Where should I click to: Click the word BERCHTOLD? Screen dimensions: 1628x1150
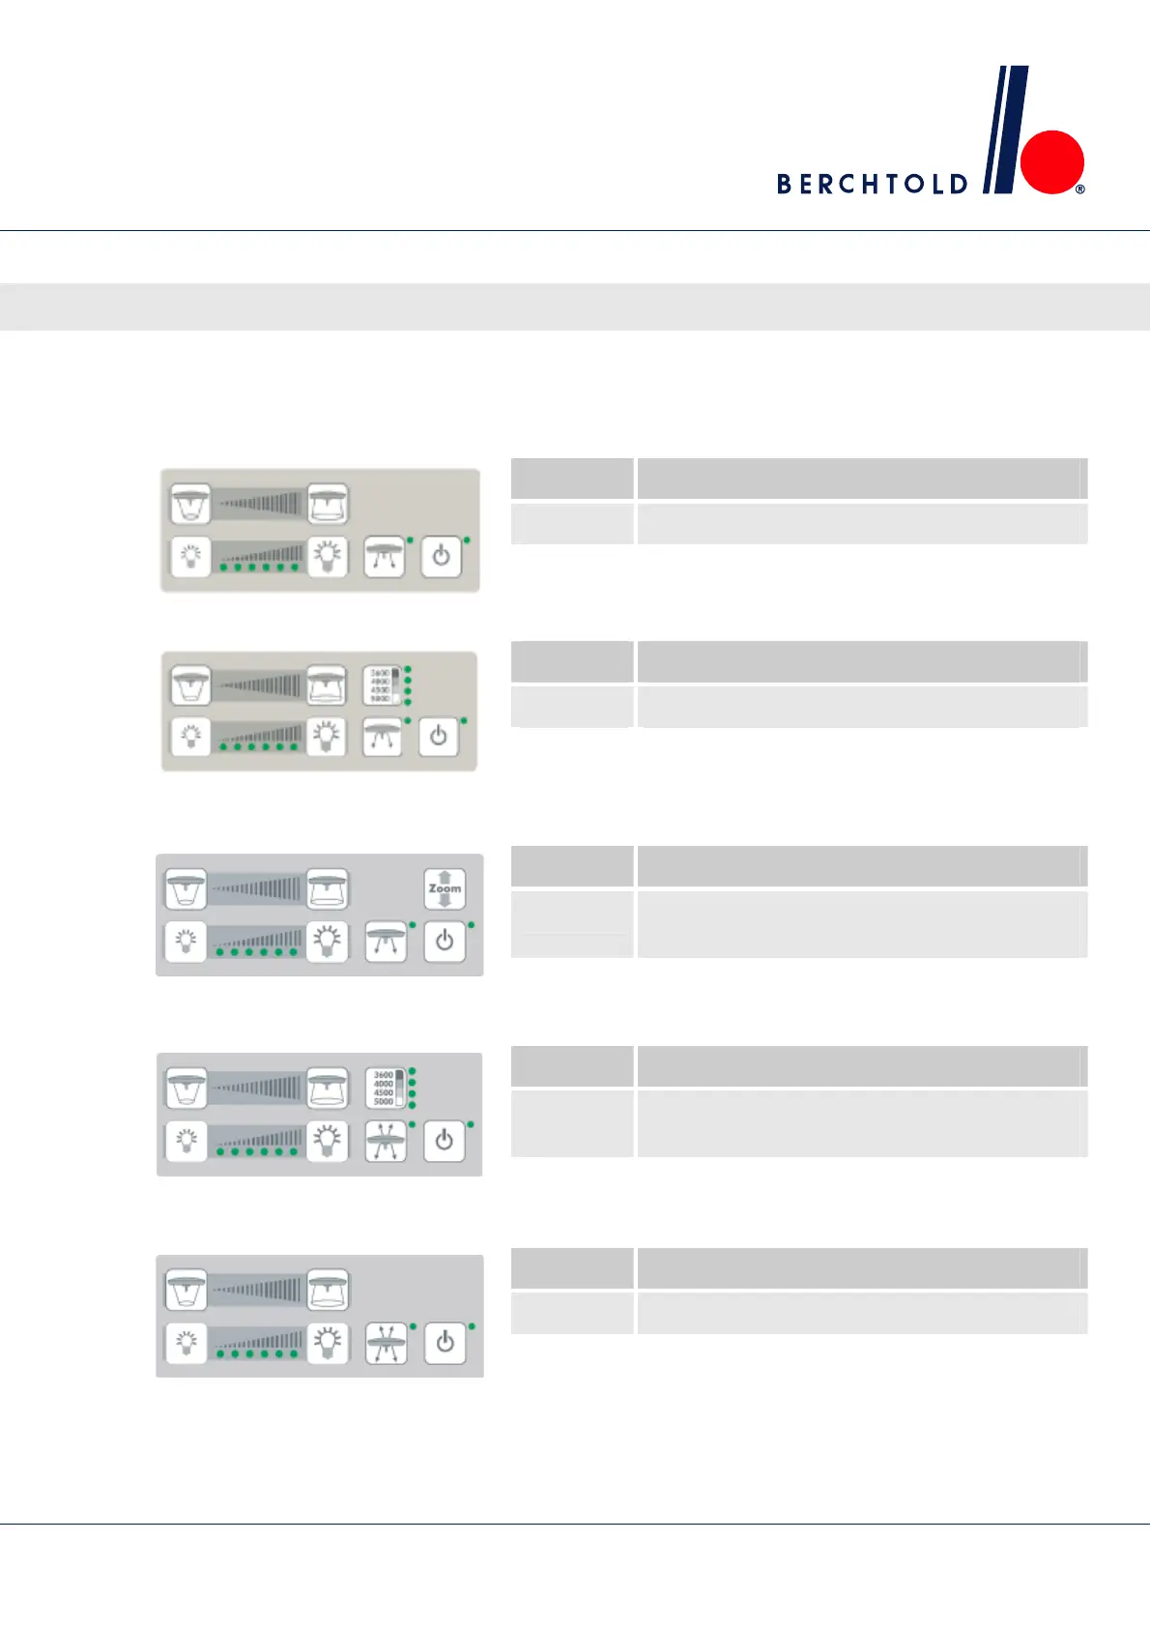click(872, 184)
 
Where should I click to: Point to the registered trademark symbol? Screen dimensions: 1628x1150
click(1080, 189)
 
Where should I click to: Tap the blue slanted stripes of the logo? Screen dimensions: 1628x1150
click(1006, 130)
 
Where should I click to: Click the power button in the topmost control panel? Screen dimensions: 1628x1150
click(441, 557)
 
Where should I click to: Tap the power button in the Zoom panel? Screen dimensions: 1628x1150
click(445, 941)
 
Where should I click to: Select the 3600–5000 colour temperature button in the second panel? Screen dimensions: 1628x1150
click(382, 684)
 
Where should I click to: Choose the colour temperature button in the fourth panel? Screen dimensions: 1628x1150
click(385, 1088)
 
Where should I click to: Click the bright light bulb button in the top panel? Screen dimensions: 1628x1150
click(328, 556)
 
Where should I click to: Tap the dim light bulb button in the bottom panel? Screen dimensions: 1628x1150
click(187, 1343)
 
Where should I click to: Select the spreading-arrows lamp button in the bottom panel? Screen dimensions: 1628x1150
click(386, 1343)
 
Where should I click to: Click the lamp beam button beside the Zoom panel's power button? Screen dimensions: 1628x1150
click(386, 941)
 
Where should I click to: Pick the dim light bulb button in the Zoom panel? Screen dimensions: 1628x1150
click(186, 941)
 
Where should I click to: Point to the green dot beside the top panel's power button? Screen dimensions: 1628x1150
click(467, 539)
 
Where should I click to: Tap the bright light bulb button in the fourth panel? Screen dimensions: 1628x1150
click(328, 1141)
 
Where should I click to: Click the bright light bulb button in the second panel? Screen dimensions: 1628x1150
click(327, 736)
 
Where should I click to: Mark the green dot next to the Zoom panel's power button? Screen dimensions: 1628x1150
click(471, 925)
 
